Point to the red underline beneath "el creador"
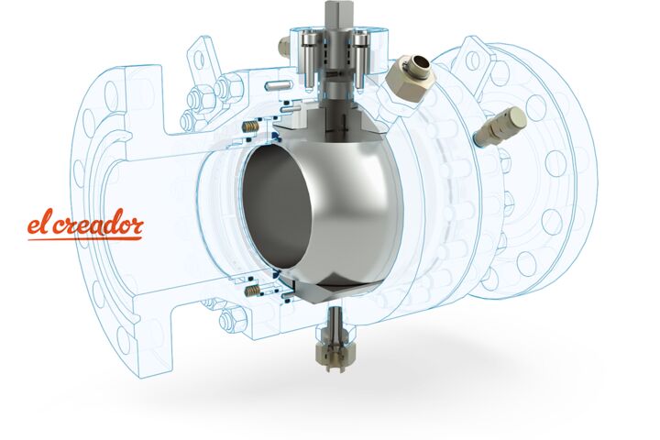coord(85,238)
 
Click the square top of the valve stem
coord(335,13)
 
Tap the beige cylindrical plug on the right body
coord(500,125)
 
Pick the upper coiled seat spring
coord(251,126)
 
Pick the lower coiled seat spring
coord(253,290)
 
